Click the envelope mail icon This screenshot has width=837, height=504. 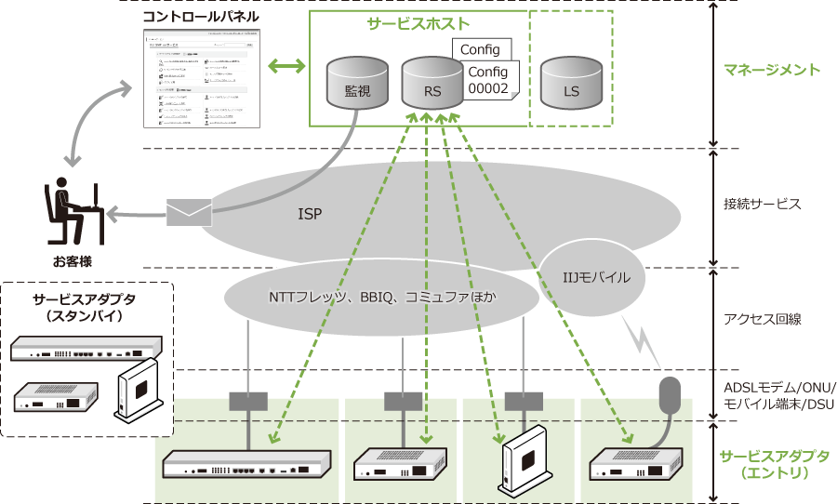tap(189, 213)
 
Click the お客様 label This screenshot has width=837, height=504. tap(72, 261)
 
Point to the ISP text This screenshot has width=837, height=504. tap(310, 213)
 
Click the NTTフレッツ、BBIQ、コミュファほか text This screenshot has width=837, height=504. tap(382, 298)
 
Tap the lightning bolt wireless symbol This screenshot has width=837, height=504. tap(644, 338)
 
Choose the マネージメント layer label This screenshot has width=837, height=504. tap(772, 70)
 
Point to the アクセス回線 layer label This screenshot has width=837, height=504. tap(762, 319)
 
